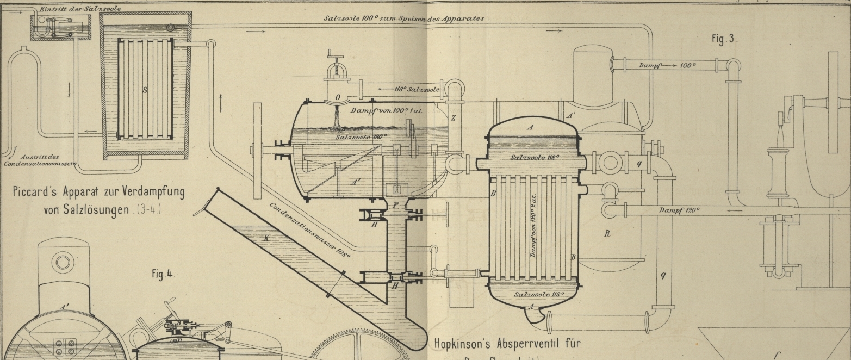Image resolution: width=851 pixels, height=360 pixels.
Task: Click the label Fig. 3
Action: click(724, 39)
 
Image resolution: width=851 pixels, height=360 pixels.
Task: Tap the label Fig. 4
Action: click(163, 274)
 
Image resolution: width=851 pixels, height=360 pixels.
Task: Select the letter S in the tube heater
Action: click(145, 90)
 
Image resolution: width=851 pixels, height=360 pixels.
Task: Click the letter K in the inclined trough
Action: click(266, 238)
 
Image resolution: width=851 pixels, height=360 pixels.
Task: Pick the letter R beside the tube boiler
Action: click(607, 234)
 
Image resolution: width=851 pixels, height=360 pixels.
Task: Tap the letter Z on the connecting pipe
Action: click(453, 118)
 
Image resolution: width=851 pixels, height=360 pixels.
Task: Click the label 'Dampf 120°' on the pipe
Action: click(679, 210)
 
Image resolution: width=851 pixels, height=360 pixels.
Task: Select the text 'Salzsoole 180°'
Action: click(360, 137)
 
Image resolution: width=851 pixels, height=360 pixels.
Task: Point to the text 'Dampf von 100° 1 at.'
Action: click(387, 110)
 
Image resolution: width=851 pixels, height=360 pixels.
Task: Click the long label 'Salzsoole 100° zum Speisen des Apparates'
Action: click(403, 18)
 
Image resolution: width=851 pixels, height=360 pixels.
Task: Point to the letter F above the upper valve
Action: click(396, 206)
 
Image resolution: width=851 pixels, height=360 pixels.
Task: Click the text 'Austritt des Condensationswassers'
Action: click(40, 159)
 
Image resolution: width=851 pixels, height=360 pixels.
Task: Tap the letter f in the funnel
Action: click(776, 355)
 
